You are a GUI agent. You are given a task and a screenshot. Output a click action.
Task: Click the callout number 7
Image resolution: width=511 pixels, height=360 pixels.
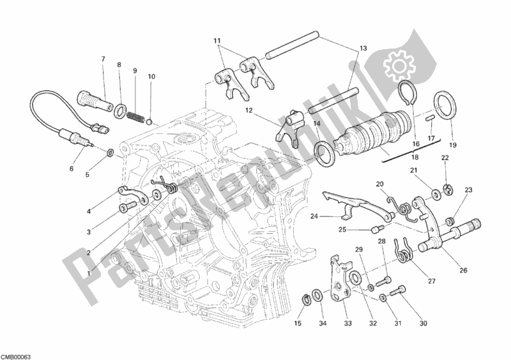[x=102, y=59]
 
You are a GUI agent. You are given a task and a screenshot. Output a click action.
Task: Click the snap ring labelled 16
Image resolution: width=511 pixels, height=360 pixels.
[x=406, y=96]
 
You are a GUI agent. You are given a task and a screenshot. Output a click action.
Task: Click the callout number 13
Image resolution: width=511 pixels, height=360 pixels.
[x=363, y=49]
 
